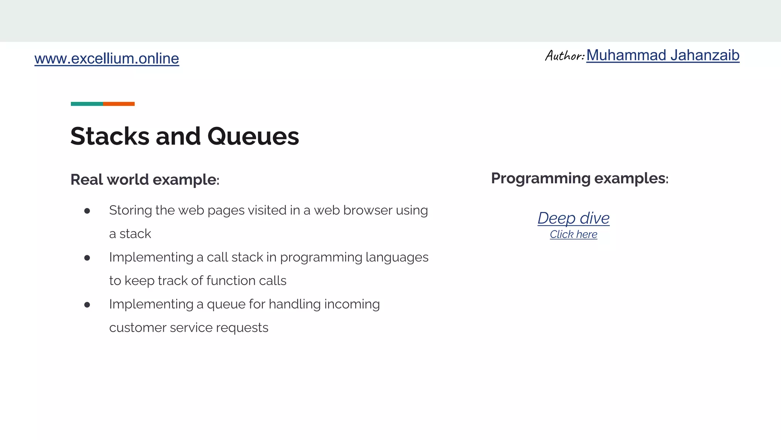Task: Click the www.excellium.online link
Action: tap(106, 58)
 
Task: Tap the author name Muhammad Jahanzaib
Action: tap(662, 55)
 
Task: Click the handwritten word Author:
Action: tap(564, 56)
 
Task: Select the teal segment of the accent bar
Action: tap(87, 104)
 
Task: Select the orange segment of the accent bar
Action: tap(119, 104)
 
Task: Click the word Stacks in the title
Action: tap(109, 136)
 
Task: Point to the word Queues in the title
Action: tap(253, 136)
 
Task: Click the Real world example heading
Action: tap(145, 180)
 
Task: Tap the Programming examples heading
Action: tap(579, 178)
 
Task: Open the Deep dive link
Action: tap(573, 218)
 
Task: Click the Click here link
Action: tap(573, 234)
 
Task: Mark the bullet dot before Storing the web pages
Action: tap(87, 211)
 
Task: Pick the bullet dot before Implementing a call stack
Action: tap(87, 258)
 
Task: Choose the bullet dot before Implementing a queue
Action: tap(87, 305)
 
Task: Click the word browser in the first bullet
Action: tap(368, 210)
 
